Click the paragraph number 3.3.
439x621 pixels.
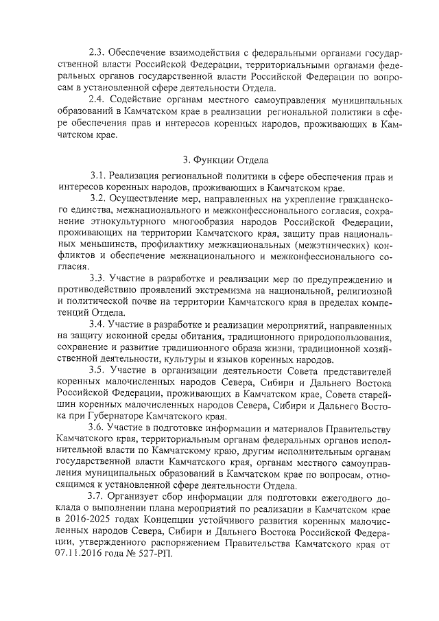click(98, 279)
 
